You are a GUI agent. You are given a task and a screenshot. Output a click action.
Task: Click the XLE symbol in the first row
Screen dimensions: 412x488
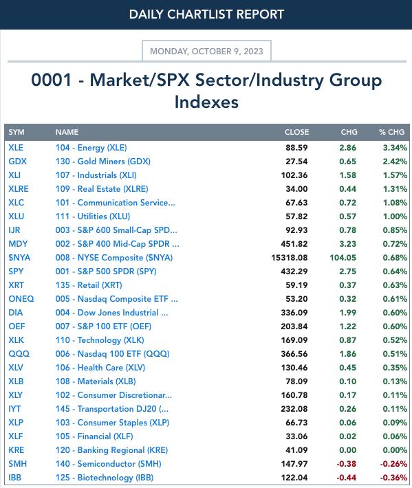pyautogui.click(x=16, y=148)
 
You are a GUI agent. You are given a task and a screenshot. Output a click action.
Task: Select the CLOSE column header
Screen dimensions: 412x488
pyautogui.click(x=296, y=132)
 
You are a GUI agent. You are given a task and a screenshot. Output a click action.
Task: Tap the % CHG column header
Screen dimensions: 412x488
pyautogui.click(x=391, y=132)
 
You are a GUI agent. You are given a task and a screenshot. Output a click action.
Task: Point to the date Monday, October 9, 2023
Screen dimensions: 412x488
pyautogui.click(x=206, y=51)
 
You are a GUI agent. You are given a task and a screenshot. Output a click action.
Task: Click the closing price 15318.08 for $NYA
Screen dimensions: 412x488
pyautogui.click(x=290, y=258)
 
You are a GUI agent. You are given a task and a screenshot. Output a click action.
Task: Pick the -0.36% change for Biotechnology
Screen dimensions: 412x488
pyautogui.click(x=393, y=478)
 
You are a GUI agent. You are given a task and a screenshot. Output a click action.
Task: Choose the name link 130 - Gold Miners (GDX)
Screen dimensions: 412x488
pyautogui.click(x=102, y=162)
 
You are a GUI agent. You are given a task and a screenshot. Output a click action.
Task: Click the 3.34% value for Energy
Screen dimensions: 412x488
pyautogui.click(x=395, y=148)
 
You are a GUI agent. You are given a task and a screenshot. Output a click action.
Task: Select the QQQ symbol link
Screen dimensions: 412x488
pyautogui.click(x=19, y=354)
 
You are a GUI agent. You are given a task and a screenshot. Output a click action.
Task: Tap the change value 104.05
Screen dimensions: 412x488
pyautogui.click(x=343, y=258)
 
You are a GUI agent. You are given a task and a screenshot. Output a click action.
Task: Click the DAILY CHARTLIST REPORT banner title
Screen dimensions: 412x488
pyautogui.click(x=206, y=14)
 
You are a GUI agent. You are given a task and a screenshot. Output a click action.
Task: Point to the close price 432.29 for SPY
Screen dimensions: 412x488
pyautogui.click(x=294, y=271)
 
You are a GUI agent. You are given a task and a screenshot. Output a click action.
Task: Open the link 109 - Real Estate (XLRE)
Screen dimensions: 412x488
pyautogui.click(x=102, y=189)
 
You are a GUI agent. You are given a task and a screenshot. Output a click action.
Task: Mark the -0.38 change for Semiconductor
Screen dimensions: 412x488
pyautogui.click(x=346, y=464)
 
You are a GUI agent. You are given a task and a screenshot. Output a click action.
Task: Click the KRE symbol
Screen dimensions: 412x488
pyautogui.click(x=17, y=450)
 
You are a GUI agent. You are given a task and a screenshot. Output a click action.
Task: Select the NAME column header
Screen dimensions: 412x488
pyautogui.click(x=67, y=132)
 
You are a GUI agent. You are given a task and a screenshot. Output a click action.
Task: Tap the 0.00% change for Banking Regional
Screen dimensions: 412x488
pyautogui.click(x=395, y=450)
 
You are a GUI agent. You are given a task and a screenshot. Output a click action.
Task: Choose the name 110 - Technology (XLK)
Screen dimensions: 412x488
pyautogui.click(x=100, y=340)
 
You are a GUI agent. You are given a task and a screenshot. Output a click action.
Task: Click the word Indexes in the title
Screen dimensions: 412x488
pyautogui.click(x=206, y=102)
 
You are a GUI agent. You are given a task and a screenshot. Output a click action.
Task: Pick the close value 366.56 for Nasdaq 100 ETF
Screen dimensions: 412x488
pyautogui.click(x=294, y=354)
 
